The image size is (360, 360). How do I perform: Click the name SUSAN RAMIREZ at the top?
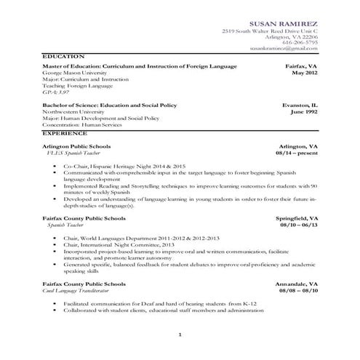(x=283, y=24)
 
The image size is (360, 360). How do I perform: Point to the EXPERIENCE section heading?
(x=65, y=135)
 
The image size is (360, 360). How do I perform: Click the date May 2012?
(x=304, y=73)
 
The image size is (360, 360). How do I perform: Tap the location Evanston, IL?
(x=300, y=105)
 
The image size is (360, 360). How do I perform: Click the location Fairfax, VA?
(x=301, y=66)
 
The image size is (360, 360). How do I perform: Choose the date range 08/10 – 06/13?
(x=299, y=225)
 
